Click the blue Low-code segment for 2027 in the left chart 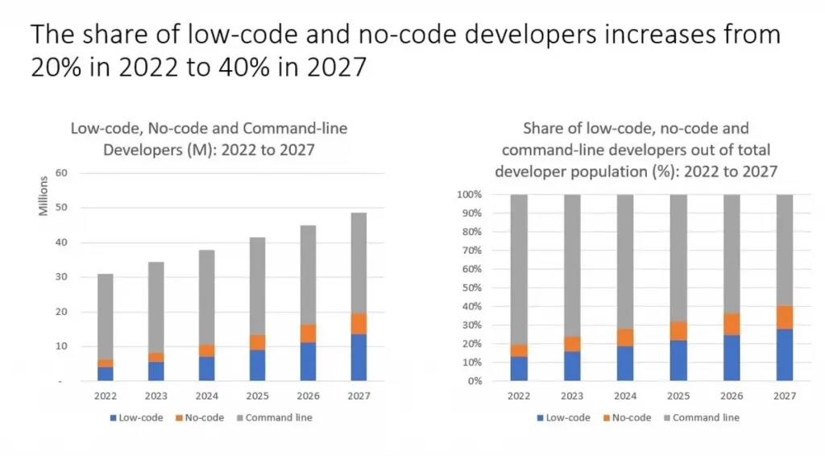359,357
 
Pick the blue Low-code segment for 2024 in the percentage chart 625,363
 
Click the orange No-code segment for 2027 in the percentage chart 785,317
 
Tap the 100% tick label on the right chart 470,195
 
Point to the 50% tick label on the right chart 472,288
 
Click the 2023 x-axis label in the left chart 155,396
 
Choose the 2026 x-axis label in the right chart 732,396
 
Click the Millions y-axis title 44,196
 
